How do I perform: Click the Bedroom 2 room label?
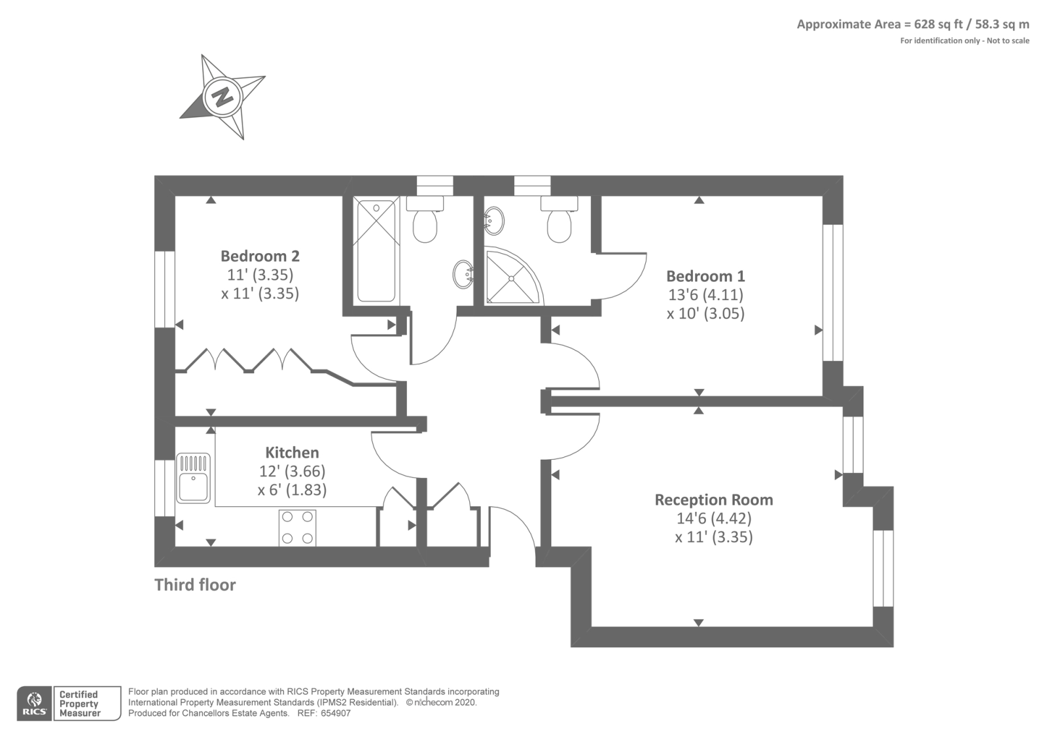tap(260, 256)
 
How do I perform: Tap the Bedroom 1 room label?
tap(705, 276)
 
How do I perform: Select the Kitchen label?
tap(292, 452)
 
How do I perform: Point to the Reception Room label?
tap(714, 500)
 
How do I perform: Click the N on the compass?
tap(222, 97)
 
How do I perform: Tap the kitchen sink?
tap(193, 478)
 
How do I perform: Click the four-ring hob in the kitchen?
tap(297, 528)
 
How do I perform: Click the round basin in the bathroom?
tap(463, 274)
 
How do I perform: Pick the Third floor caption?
tap(195, 585)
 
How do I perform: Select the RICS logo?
tap(34, 704)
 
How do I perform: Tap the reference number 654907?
tap(336, 713)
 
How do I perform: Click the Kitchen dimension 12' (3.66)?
tap(292, 471)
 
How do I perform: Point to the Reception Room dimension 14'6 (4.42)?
tap(714, 518)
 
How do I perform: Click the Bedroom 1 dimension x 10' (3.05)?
tap(705, 313)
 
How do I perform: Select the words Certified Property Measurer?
tap(79, 704)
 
